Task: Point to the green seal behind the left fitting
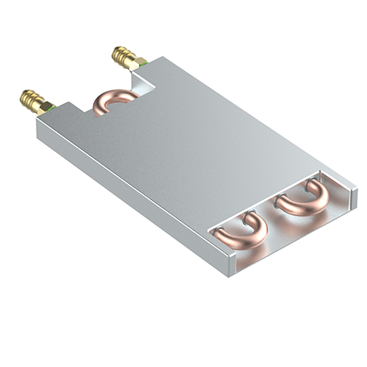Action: coord(52,109)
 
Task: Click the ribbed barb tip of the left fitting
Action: coord(26,97)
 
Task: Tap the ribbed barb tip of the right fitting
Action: coord(120,54)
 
